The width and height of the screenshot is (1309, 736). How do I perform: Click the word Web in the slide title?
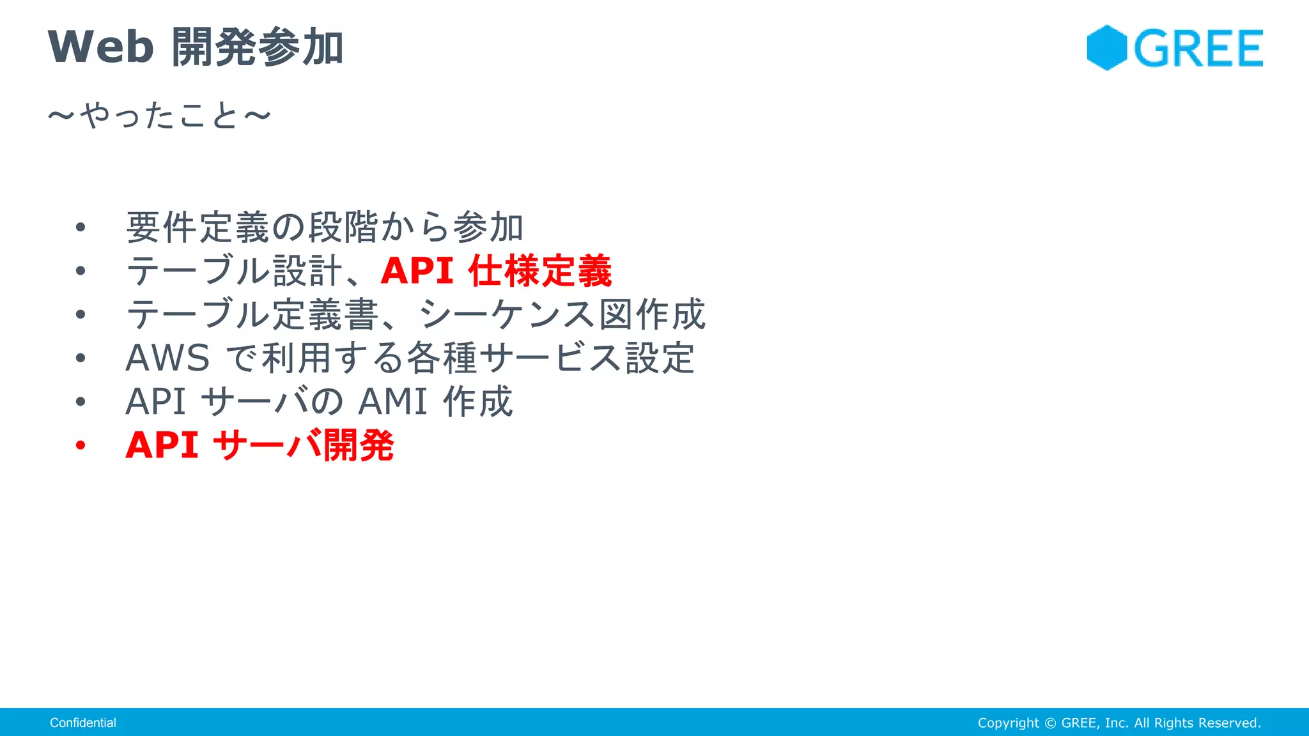tap(101, 47)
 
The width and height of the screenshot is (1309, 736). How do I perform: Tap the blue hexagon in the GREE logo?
tap(1106, 48)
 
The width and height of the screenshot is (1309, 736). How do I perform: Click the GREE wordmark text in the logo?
tap(1198, 49)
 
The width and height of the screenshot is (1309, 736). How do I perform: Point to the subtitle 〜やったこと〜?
tap(160, 116)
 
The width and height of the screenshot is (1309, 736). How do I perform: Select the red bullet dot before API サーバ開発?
tap(80, 445)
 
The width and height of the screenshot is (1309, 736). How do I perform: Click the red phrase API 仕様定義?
tap(496, 271)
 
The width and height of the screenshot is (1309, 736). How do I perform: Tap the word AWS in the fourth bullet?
tap(167, 358)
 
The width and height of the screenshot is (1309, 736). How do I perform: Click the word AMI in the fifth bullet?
tap(392, 402)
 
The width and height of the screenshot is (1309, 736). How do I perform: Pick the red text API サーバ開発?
tap(259, 445)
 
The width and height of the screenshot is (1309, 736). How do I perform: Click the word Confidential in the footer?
tap(83, 723)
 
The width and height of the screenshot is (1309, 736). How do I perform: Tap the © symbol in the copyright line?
tap(1050, 723)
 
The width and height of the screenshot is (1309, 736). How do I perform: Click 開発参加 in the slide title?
tap(258, 47)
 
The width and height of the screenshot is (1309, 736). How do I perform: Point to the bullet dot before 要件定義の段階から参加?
tap(80, 227)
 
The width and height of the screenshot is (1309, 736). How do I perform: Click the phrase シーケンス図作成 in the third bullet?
tap(562, 314)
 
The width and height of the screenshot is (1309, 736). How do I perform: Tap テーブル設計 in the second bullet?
tap(235, 271)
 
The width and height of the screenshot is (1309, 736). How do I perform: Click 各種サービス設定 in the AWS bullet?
tap(551, 358)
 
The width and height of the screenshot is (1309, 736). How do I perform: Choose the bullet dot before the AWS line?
tap(80, 358)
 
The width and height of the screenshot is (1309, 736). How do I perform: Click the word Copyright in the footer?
tap(1008, 723)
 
